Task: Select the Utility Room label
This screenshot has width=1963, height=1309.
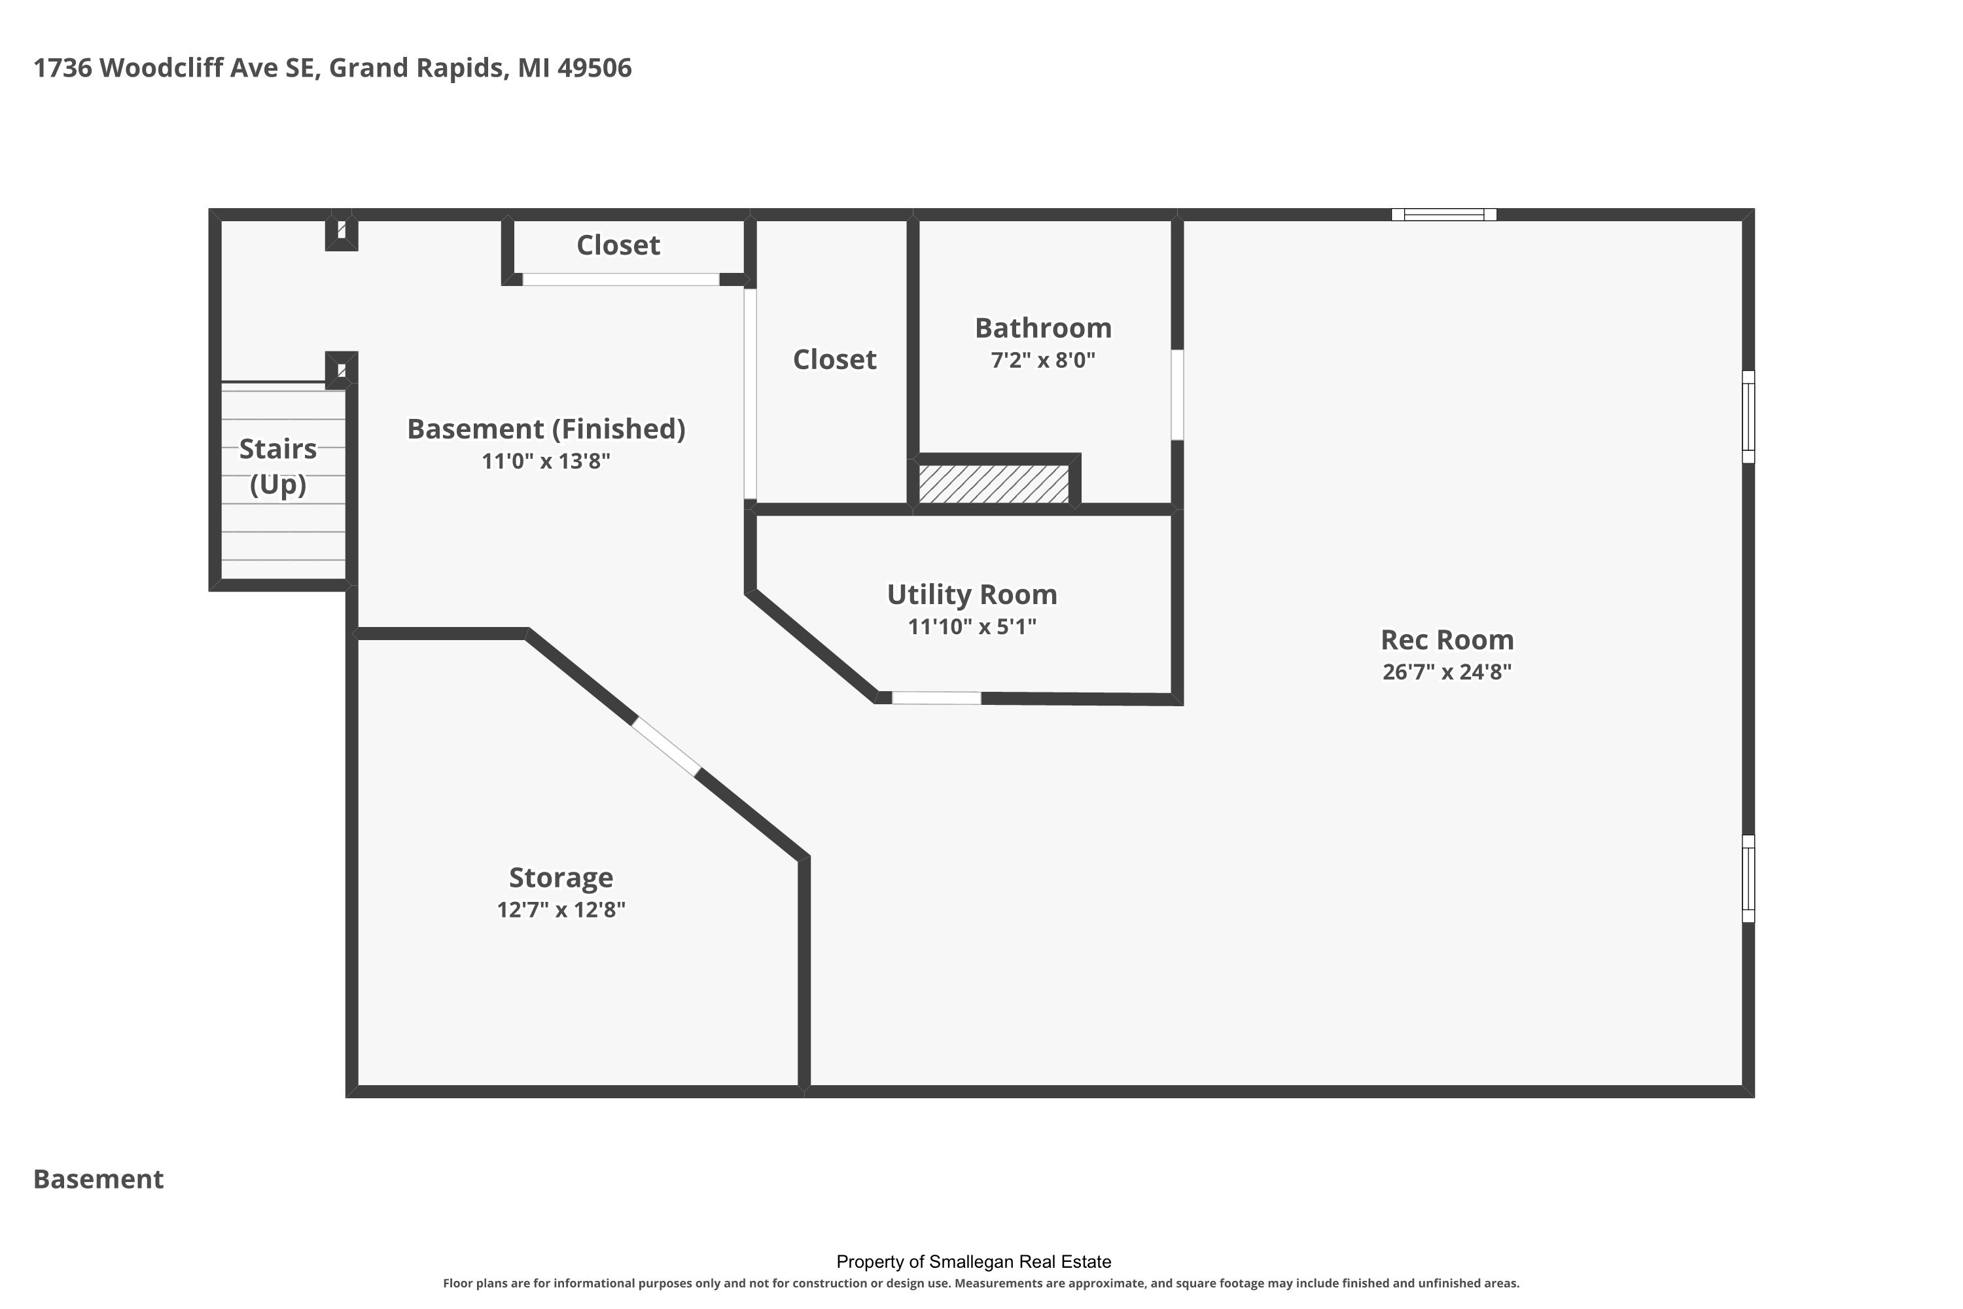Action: coord(972,594)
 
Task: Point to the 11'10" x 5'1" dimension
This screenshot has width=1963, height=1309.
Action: coord(972,626)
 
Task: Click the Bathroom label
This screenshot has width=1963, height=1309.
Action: coord(1043,328)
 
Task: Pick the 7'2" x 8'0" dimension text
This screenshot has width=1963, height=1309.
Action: coord(1043,360)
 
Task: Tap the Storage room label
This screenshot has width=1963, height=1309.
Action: coord(561,878)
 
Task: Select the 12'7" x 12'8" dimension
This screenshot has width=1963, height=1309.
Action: coord(561,909)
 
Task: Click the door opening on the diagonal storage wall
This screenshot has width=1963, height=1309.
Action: coord(665,747)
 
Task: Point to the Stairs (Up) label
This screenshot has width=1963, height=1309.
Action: coord(278,467)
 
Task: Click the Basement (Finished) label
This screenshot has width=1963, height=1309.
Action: coord(546,429)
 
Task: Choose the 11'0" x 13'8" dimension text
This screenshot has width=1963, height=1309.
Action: coord(546,461)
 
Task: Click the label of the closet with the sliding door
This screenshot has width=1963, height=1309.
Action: coord(618,245)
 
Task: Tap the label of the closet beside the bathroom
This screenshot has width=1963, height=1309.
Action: coord(835,360)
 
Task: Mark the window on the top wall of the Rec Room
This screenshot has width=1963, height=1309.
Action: coord(1444,215)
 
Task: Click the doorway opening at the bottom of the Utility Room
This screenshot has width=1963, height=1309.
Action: coord(936,698)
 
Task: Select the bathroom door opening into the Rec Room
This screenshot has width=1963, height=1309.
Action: coord(1176,395)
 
